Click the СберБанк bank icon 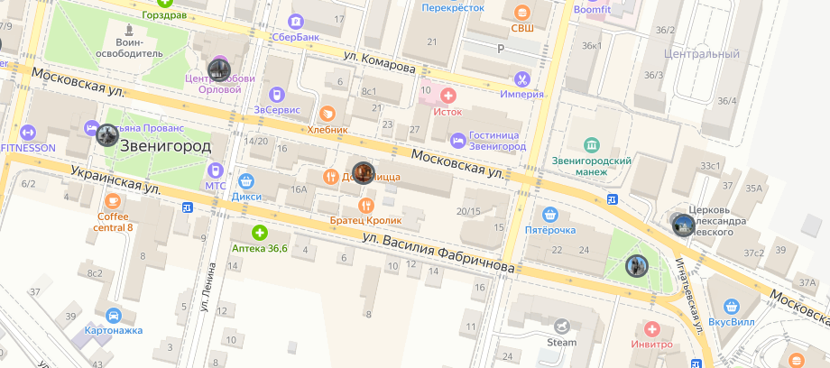(295, 21)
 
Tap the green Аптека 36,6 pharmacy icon (260, 233)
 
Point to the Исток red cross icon (447, 96)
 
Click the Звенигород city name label (165, 146)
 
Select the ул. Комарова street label (379, 61)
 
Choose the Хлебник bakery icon (327, 114)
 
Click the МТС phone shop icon (215, 169)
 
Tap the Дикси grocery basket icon (245, 180)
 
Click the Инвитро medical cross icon (652, 329)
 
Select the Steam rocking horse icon (562, 327)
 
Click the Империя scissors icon (521, 79)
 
